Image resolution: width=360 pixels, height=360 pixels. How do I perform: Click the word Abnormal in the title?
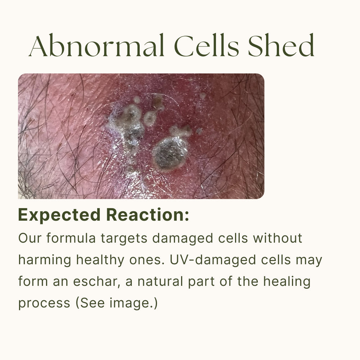(x=96, y=45)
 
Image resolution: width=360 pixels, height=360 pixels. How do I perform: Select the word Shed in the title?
(x=281, y=45)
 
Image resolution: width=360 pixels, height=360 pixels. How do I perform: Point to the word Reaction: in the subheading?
(x=148, y=215)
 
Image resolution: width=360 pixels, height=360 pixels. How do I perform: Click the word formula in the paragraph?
(x=71, y=238)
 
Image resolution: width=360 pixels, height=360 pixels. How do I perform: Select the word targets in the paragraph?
(x=124, y=239)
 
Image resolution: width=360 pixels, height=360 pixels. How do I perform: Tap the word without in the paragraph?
(x=277, y=238)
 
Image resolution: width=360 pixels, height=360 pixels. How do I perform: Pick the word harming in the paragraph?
(x=45, y=260)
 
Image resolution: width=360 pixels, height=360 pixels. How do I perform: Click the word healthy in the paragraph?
(x=100, y=260)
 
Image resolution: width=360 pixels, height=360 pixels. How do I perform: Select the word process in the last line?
(x=44, y=303)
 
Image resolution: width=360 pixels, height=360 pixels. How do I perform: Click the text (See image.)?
(x=117, y=303)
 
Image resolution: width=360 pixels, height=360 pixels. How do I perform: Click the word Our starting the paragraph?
(x=30, y=238)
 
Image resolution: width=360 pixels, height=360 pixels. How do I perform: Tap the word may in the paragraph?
(x=309, y=261)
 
